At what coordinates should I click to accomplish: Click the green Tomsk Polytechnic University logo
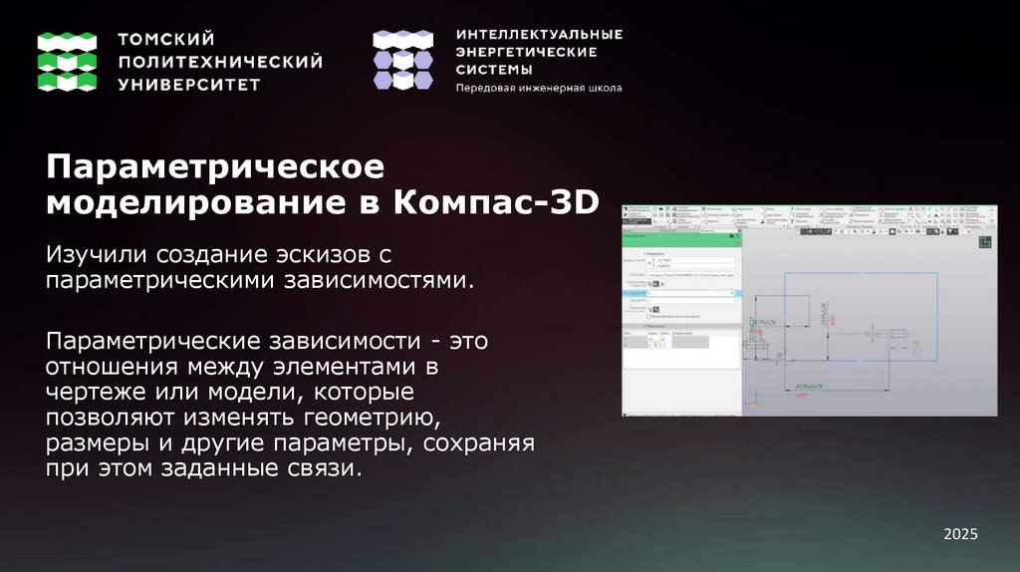(67, 61)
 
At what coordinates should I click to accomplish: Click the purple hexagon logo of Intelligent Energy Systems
(402, 61)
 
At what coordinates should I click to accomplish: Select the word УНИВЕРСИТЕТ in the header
(189, 85)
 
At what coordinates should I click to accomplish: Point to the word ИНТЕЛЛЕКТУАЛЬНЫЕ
(539, 34)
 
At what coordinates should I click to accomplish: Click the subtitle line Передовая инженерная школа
(538, 88)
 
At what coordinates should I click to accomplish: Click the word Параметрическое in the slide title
(214, 165)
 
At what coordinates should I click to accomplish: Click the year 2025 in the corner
(961, 535)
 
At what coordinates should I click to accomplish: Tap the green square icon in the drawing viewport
(985, 241)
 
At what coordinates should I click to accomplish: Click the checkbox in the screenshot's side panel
(649, 316)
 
